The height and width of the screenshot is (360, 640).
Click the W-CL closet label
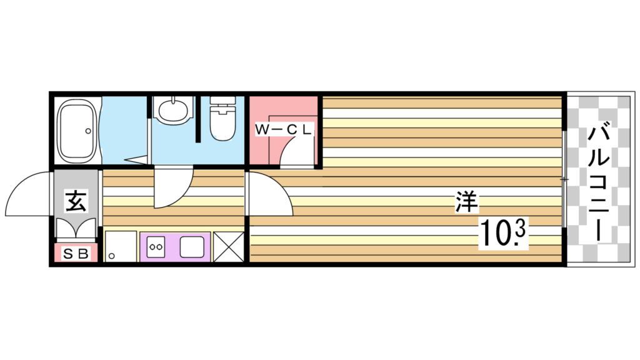283,130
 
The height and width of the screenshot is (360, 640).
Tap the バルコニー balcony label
598,184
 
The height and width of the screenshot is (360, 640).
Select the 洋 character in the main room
467,202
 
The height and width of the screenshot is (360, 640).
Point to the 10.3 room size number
503,233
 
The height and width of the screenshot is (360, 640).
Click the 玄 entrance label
76,200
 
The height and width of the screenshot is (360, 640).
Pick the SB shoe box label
76,254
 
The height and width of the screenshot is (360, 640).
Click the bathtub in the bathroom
77,131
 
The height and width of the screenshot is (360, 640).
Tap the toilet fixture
223,118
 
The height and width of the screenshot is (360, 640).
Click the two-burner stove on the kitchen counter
156,246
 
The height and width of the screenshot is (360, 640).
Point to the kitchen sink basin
192,247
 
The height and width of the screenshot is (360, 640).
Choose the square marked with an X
229,247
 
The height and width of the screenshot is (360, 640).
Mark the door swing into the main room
270,194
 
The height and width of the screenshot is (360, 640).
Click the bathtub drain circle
88,131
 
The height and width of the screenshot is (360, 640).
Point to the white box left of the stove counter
121,246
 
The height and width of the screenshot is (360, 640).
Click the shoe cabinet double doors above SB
76,228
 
